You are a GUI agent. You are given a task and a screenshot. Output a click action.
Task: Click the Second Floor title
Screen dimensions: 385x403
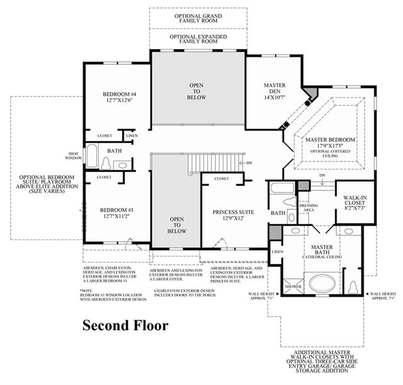[x=126, y=325]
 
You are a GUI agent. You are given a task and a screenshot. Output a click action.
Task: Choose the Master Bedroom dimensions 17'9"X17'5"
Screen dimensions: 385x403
[x=329, y=146]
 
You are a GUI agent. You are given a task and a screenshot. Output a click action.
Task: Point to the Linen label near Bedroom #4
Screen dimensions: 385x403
[x=132, y=135]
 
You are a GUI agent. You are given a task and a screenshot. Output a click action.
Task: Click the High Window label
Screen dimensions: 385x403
[x=74, y=156]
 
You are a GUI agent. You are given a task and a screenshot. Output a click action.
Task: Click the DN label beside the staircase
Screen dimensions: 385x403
[x=249, y=163]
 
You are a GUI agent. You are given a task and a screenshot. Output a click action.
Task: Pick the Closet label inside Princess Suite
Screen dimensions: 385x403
[x=222, y=178]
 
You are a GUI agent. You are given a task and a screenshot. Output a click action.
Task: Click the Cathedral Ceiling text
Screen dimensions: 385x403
[x=322, y=257]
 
